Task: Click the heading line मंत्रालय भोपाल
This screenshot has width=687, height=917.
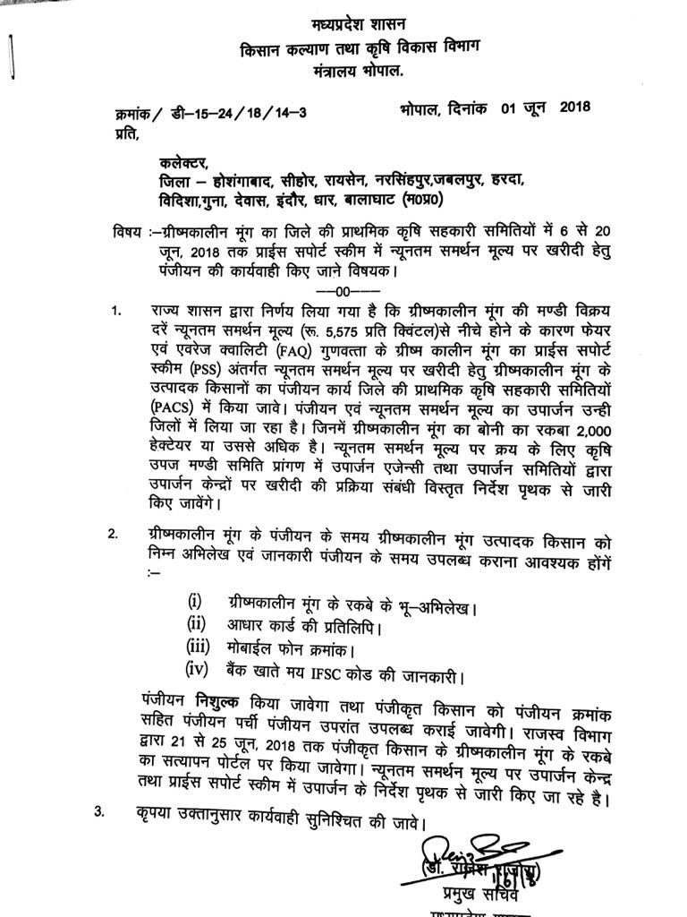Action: tap(344, 69)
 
